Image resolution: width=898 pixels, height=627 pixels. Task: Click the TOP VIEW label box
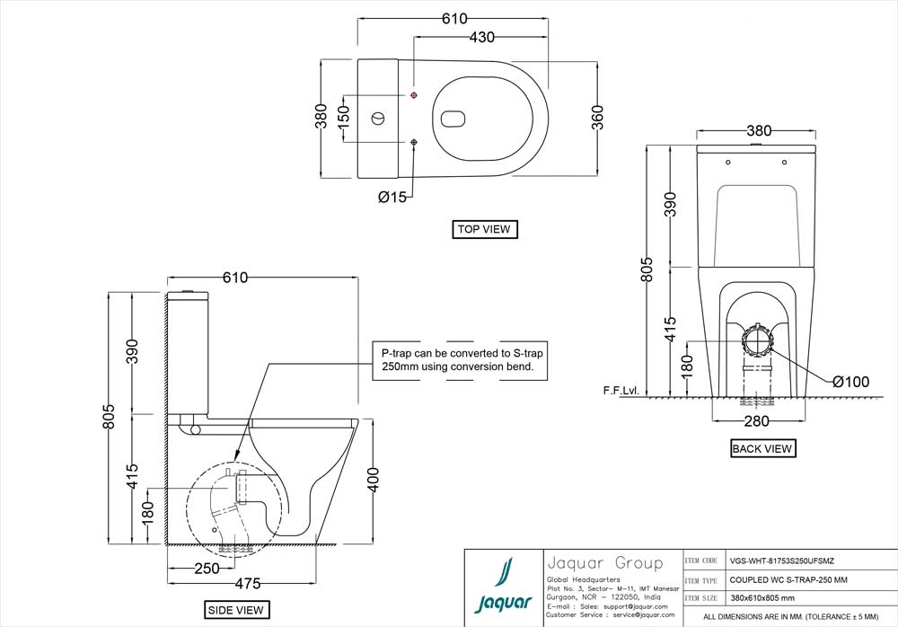tap(484, 229)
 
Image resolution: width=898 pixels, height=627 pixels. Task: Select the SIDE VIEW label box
tap(236, 610)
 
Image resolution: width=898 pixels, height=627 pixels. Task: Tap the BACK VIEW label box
tap(762, 448)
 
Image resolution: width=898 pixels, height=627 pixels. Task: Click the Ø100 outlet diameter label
tap(850, 382)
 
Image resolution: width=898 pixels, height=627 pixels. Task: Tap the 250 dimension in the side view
tap(207, 569)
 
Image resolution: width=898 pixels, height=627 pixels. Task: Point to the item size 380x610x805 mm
tap(762, 597)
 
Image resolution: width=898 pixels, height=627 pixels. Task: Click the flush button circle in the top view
tap(379, 118)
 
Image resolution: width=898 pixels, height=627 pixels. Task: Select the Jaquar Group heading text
tap(604, 563)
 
